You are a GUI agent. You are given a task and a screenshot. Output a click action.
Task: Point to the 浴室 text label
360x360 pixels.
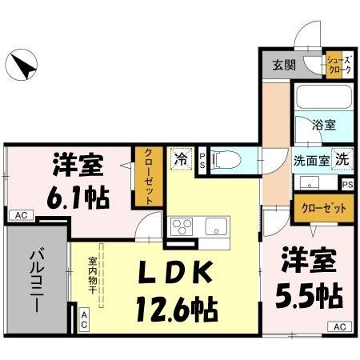(323, 125)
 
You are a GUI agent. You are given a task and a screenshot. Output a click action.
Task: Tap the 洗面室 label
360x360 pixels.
(310, 158)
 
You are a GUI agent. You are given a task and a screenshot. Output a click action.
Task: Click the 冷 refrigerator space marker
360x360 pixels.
(181, 159)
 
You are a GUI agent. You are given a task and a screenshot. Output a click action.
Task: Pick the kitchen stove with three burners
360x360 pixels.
(182, 226)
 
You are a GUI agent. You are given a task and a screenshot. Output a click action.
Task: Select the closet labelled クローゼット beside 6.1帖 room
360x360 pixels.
(147, 178)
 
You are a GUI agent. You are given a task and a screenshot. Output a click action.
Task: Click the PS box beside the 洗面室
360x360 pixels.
(347, 184)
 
